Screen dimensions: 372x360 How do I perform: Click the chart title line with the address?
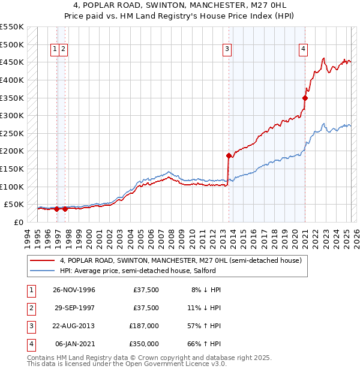180,6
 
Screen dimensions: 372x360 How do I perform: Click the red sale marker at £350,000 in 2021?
305,98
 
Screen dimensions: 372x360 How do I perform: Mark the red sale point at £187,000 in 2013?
229,155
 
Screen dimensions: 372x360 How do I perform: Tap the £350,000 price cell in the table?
144,344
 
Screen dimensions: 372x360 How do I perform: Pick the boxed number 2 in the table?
30,308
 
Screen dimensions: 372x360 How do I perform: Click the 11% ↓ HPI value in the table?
206,308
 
